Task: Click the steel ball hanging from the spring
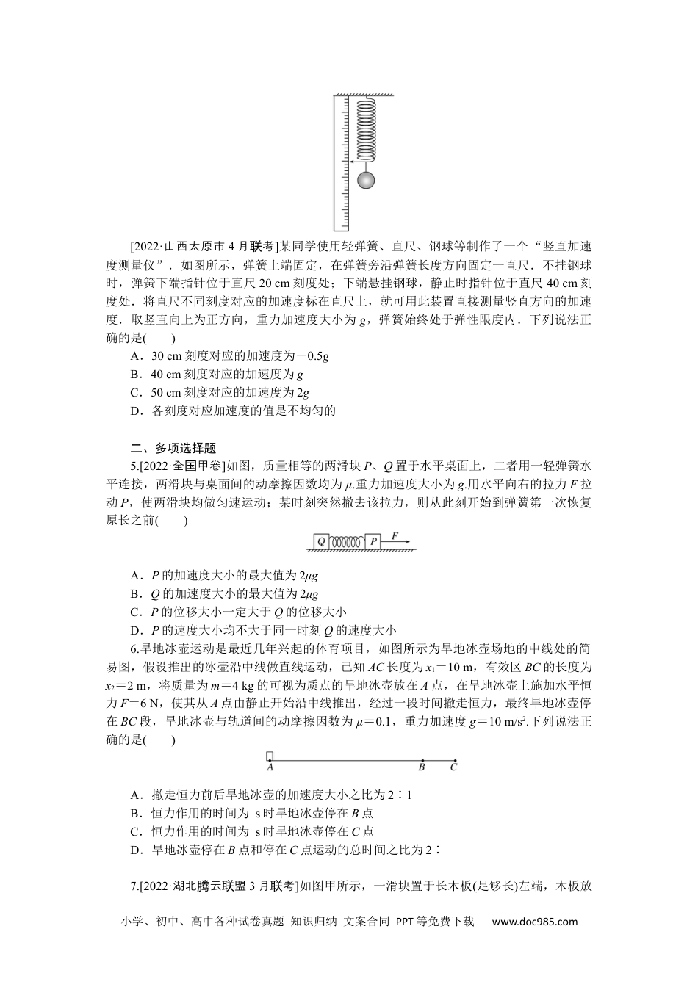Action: pos(365,181)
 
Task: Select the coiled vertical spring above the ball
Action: pos(365,129)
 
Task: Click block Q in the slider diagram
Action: pos(320,541)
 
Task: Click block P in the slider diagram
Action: pos(373,541)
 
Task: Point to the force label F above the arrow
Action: pos(395,535)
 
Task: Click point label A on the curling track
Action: pos(270,767)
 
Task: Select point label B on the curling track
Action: pos(422,767)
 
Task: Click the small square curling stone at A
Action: pos(270,756)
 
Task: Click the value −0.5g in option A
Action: pos(312,355)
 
